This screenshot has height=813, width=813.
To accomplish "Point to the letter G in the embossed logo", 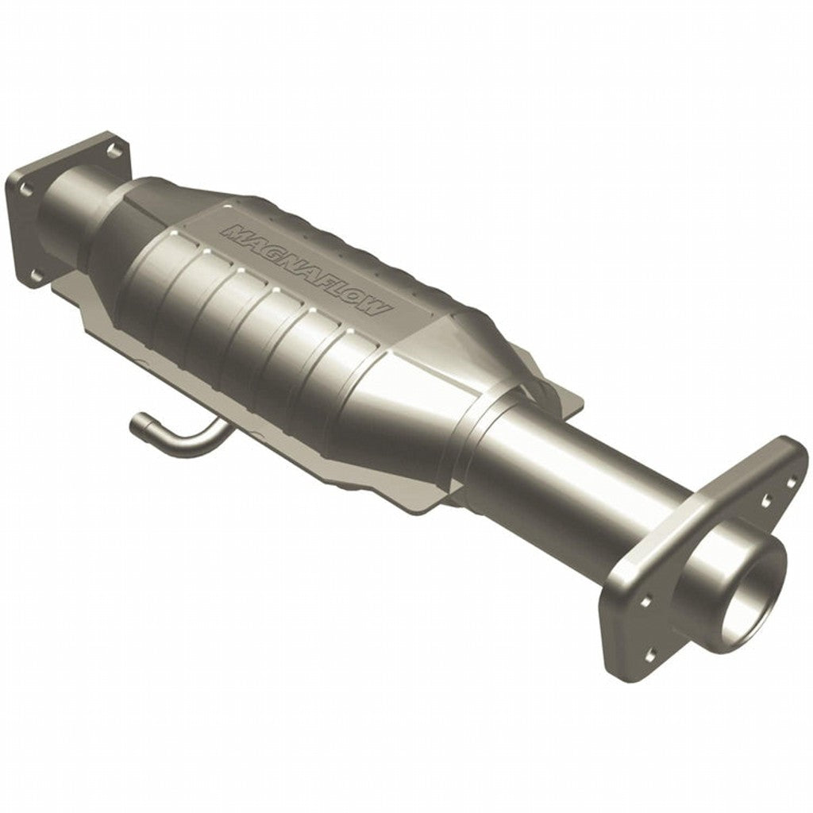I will (268, 250).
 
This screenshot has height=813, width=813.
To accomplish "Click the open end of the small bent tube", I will (137, 428).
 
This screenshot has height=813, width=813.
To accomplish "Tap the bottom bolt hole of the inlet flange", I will (35, 275).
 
